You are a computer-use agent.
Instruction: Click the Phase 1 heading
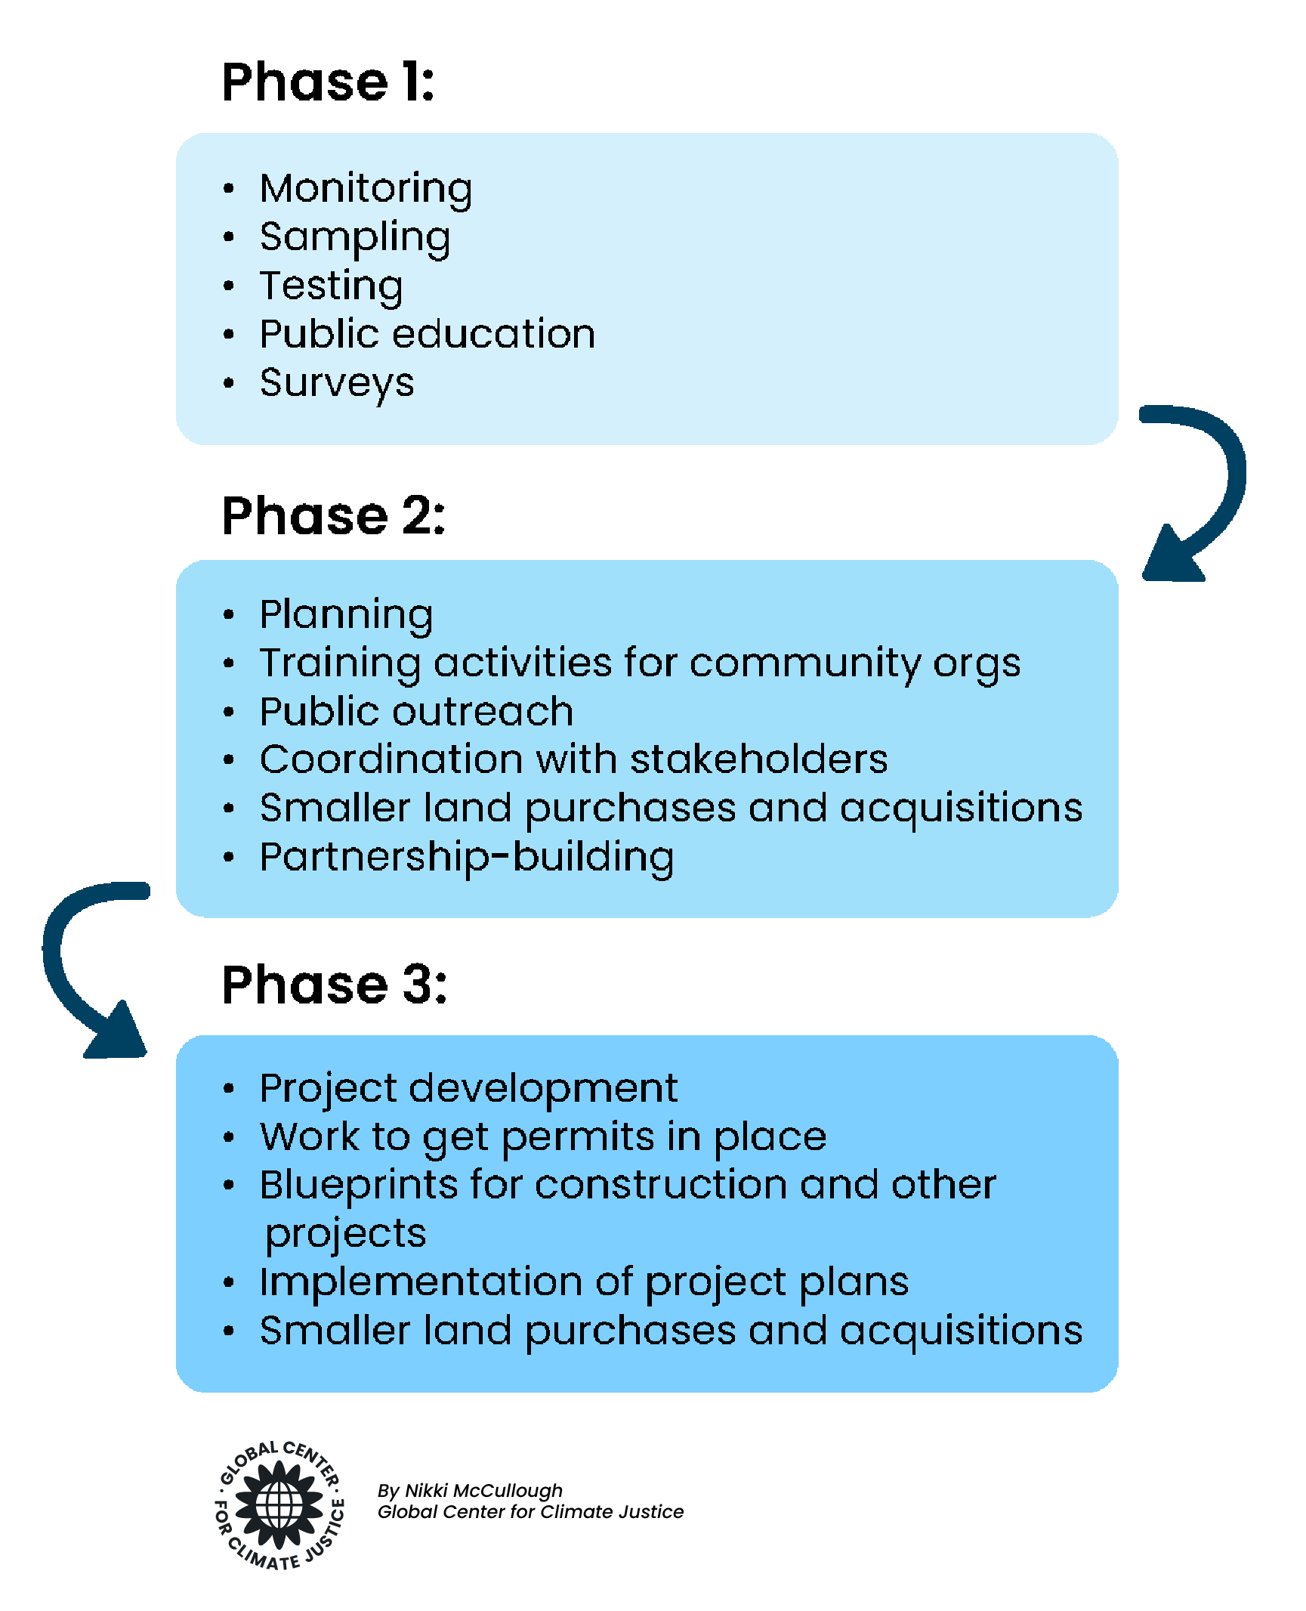pos(328,82)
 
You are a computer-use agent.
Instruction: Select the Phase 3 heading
pos(334,985)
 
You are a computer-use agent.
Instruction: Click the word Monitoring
pos(366,189)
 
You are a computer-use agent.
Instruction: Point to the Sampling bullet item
pos(354,238)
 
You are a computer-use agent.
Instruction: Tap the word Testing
pos(331,286)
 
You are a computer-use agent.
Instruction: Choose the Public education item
pos(427,335)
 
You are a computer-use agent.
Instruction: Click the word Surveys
pos(337,383)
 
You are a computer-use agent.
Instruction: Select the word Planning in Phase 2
pos(346,615)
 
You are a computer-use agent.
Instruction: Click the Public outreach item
pos(416,712)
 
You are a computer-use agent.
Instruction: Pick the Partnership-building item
pos(466,858)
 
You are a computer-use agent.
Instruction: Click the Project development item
pos(468,1089)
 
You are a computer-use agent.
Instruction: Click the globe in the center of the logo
pos(279,1504)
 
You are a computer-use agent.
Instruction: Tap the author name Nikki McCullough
pos(483,1491)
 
